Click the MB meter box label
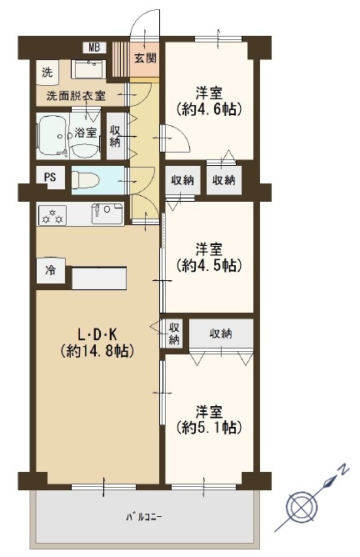(x=94, y=48)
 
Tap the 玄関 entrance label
(x=145, y=58)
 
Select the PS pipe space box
(x=50, y=178)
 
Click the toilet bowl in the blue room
(x=85, y=180)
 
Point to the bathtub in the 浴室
(x=52, y=135)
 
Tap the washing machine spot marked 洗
(x=47, y=72)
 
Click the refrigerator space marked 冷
(x=50, y=271)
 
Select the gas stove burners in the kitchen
(x=52, y=216)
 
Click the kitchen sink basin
(x=107, y=213)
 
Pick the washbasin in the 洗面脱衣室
(x=88, y=69)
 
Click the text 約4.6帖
(x=209, y=108)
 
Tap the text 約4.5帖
(x=209, y=265)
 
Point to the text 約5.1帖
(x=209, y=428)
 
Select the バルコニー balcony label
(x=145, y=516)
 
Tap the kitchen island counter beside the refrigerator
(x=99, y=278)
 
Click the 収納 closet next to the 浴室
(x=115, y=136)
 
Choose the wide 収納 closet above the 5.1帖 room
(x=221, y=334)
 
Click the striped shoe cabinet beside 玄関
(x=121, y=59)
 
